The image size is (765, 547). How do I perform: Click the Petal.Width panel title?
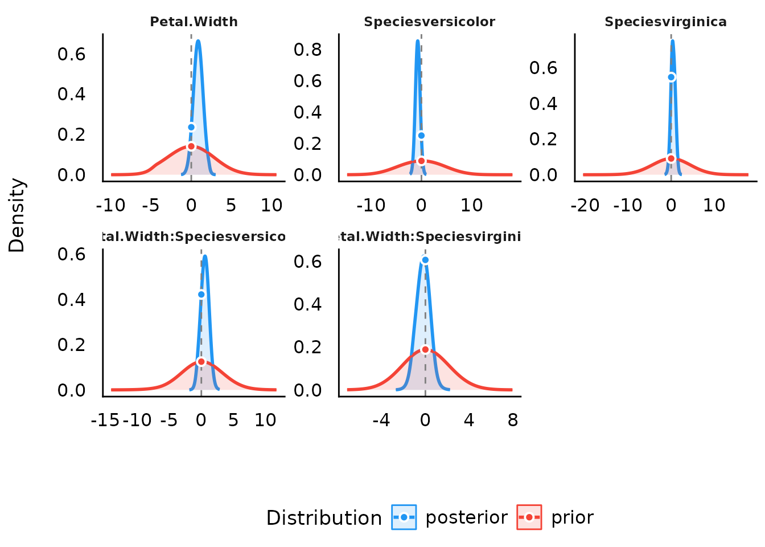(x=194, y=22)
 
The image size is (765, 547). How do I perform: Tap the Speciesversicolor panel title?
(x=429, y=22)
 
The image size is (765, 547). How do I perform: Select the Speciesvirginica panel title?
(x=665, y=22)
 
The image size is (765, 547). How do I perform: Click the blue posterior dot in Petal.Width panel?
(x=191, y=127)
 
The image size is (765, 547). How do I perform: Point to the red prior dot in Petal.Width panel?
(x=191, y=146)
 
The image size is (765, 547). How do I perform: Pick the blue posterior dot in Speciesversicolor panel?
(x=421, y=136)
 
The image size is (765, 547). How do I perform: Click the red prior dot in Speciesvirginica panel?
(x=671, y=158)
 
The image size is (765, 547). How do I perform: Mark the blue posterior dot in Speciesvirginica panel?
(x=671, y=77)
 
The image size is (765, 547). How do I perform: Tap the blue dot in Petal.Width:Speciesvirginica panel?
(x=425, y=260)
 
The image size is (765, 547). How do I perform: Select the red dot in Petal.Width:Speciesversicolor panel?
(x=201, y=362)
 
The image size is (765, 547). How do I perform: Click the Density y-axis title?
(x=17, y=215)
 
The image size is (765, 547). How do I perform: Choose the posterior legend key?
(x=404, y=517)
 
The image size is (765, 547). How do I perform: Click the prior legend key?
(x=529, y=517)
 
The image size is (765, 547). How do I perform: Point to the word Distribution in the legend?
(x=324, y=518)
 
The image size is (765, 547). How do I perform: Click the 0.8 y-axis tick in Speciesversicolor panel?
(x=307, y=50)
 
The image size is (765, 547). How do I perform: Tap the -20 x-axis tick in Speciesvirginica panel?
(x=585, y=205)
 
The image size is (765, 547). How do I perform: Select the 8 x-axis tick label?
(x=513, y=420)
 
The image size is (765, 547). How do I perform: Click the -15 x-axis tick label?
(x=105, y=420)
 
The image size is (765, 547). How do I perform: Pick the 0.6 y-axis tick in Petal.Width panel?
(x=71, y=54)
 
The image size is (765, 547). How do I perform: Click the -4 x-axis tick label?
(x=381, y=420)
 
